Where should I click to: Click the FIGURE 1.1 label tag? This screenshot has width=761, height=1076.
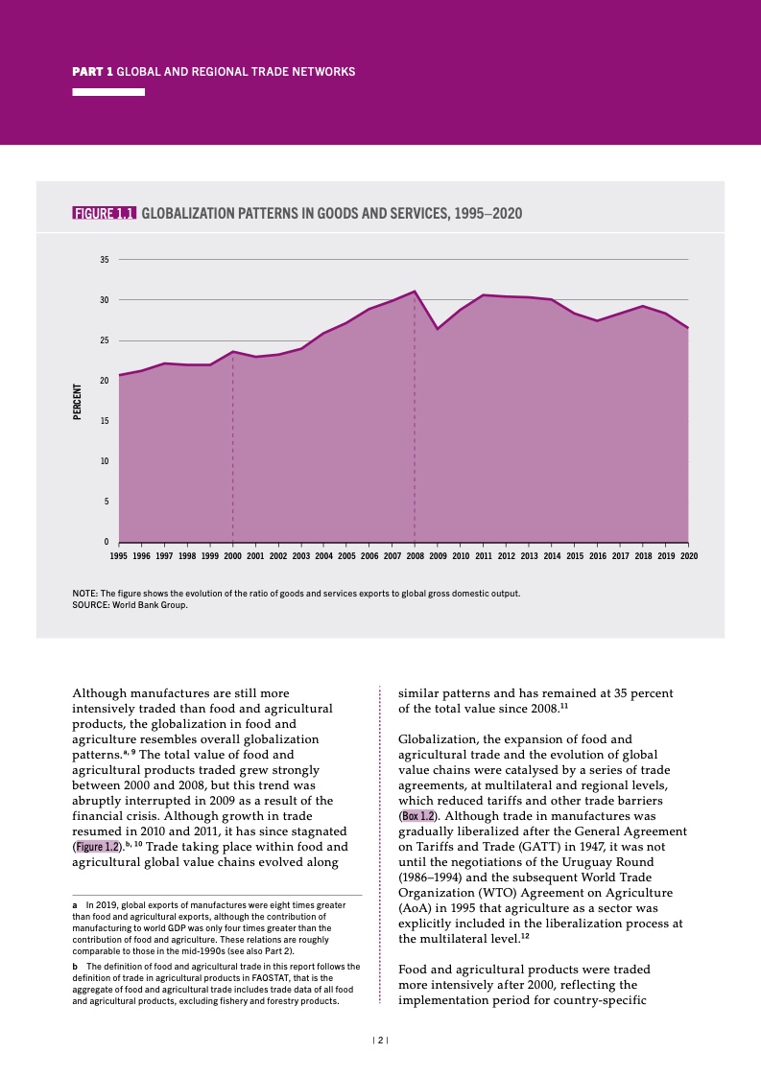click(105, 213)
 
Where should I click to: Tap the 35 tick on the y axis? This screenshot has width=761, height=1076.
click(104, 260)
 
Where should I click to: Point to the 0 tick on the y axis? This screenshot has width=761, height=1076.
click(107, 542)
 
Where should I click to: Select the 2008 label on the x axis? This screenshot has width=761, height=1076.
click(415, 555)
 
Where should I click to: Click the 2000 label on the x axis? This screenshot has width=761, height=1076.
click(233, 555)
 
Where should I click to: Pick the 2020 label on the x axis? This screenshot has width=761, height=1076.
click(688, 555)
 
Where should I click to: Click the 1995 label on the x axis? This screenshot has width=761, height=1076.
click(119, 555)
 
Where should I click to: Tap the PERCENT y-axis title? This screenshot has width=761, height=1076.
click(77, 401)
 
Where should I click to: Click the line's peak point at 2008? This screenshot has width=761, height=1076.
click(415, 291)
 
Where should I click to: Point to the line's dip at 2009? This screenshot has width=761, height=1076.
click(438, 329)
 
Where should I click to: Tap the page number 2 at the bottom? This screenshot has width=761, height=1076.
click(380, 1040)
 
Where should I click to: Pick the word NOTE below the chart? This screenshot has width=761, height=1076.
click(84, 594)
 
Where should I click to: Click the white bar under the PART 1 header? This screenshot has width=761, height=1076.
click(108, 92)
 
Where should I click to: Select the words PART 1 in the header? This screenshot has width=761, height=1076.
click(93, 72)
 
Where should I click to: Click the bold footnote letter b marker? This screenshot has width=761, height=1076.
click(75, 966)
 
